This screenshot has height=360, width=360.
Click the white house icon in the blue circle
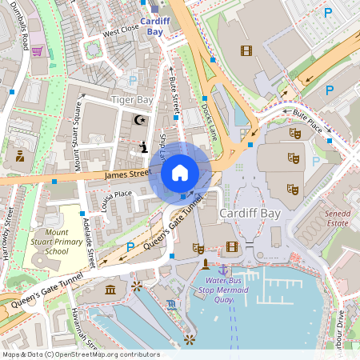coord(180,172)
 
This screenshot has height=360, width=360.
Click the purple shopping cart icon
coord(37,51)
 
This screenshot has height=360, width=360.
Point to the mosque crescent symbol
coord(140,120)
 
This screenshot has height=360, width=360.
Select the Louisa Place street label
coord(111,194)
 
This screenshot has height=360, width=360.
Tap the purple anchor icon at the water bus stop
coord(223,271)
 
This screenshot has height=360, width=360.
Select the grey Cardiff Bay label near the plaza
coord(248,214)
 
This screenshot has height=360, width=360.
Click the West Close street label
coord(120,30)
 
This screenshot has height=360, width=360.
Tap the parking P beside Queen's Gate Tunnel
coord(130,247)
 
